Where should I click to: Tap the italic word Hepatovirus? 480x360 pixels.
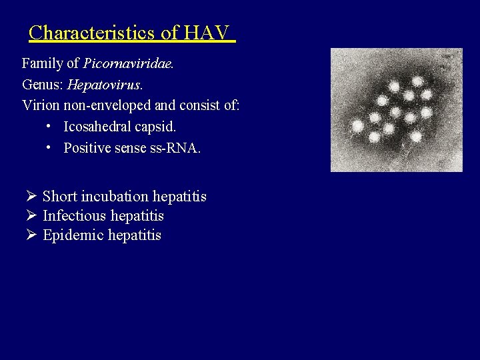click(x=105, y=85)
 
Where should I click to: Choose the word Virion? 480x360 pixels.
click(x=41, y=105)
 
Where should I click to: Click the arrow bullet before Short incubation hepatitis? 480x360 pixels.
click(x=31, y=197)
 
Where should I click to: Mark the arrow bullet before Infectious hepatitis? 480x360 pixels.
click(x=31, y=216)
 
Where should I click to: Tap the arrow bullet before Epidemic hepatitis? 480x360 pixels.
click(x=31, y=235)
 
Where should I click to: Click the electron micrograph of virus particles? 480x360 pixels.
click(x=396, y=110)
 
